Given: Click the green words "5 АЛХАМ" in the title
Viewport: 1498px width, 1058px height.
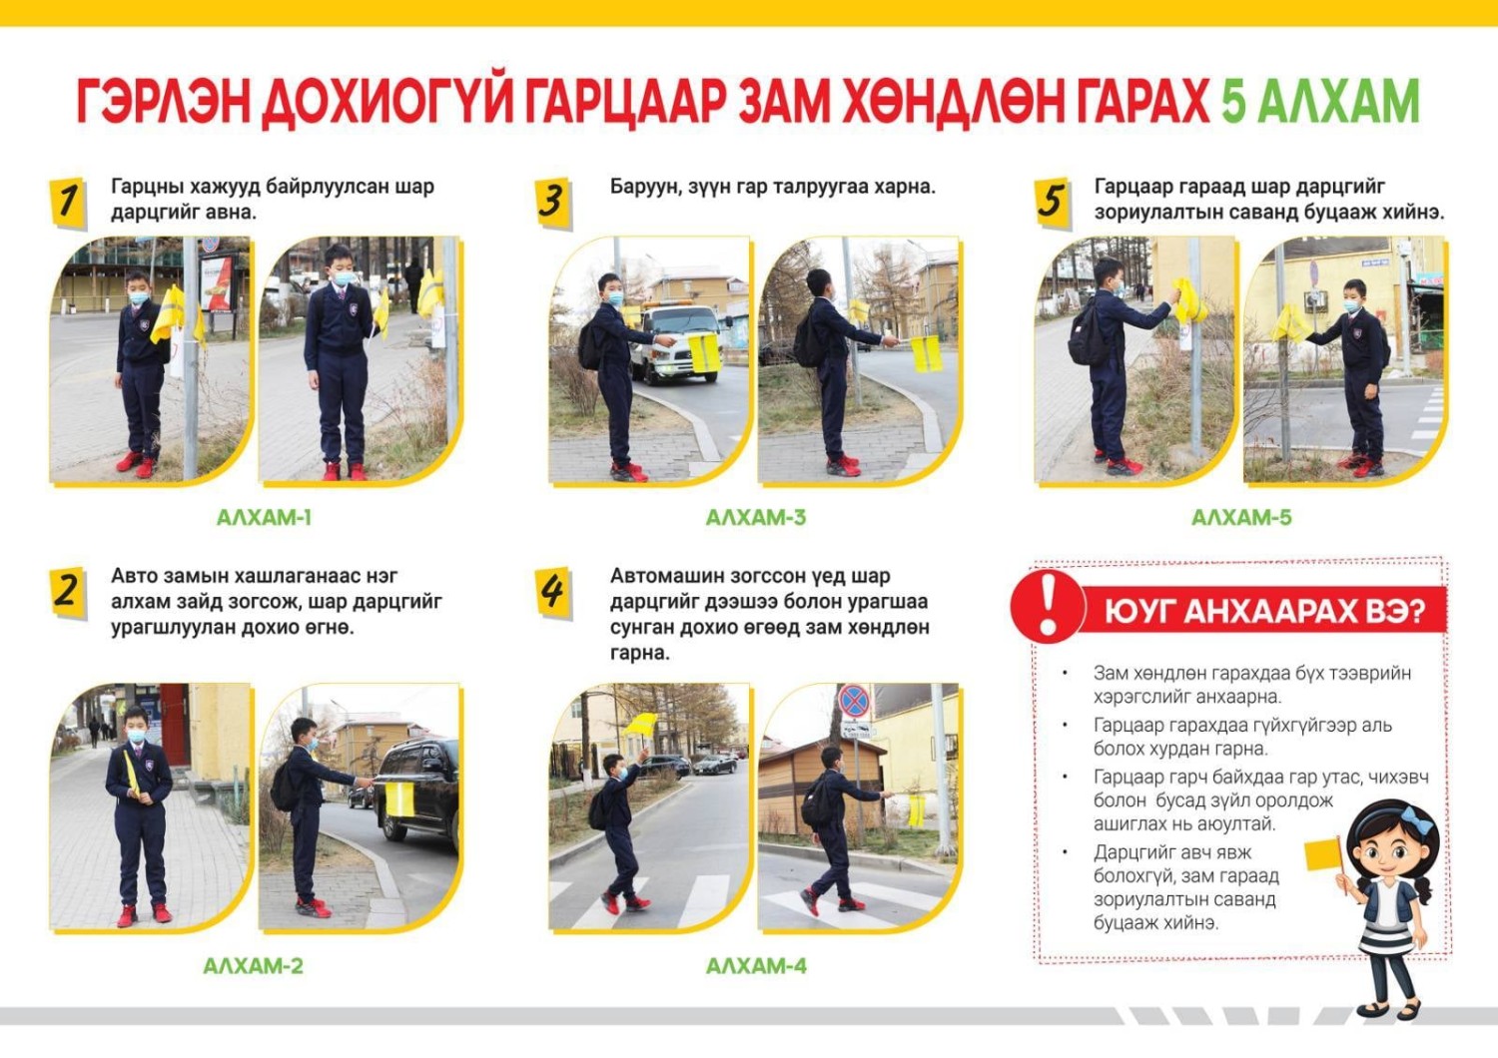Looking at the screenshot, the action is pos(1319,101).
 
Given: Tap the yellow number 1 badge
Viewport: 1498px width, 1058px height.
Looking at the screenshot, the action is pos(68,203).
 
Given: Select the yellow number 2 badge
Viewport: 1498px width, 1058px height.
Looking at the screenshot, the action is pos(68,592).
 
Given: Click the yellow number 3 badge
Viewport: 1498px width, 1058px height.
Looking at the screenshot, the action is pos(553,203).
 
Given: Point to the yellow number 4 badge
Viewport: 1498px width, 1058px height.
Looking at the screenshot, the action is pos(553,592).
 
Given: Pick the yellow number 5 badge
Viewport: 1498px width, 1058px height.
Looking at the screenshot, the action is pos(1053,203).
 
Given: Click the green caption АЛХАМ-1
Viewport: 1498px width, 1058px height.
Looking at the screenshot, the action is pos(264,517).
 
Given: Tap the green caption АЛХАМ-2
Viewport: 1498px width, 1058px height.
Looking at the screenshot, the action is pos(253,966).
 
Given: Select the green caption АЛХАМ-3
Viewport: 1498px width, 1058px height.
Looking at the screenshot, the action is pos(756,517).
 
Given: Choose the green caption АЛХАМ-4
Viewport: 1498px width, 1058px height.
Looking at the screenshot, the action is pos(756,966).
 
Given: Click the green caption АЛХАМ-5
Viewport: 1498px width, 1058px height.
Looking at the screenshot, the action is pos(1241,517).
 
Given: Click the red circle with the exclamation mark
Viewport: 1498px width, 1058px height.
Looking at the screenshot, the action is pos(1048,606).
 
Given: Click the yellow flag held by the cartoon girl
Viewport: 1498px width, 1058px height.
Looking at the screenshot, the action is pos(1323,854).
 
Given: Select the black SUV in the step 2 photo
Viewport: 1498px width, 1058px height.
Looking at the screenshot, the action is pos(417,792).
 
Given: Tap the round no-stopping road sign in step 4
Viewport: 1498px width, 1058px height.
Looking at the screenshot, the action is pos(854,702).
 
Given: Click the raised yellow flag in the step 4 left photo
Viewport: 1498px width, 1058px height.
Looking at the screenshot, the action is pos(640,725).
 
